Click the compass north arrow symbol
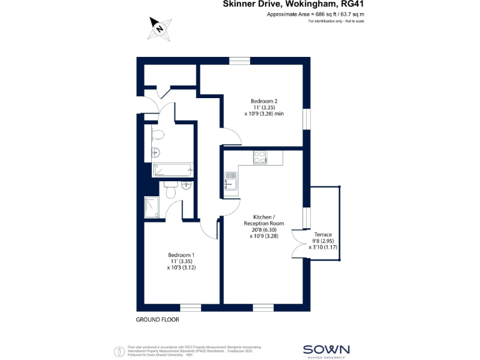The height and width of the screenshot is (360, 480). [x=160, y=27]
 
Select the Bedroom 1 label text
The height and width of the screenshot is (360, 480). [x=181, y=261]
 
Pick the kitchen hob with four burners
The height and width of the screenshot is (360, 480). [x=260, y=157]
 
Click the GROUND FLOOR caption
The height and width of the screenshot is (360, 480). [x=157, y=319]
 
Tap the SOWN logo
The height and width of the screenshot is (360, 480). [x=326, y=350]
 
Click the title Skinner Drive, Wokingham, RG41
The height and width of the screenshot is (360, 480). [x=293, y=4]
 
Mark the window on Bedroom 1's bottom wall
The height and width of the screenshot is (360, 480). [x=191, y=307]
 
